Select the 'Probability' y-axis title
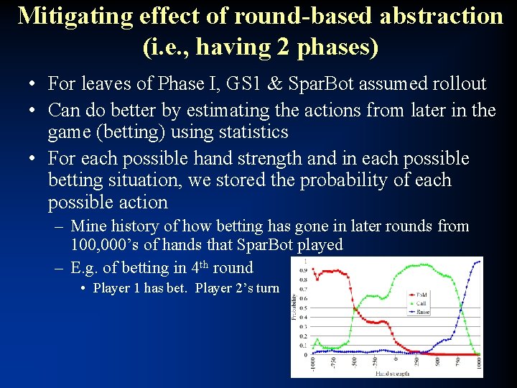(295, 309)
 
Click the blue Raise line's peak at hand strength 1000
(479, 262)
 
